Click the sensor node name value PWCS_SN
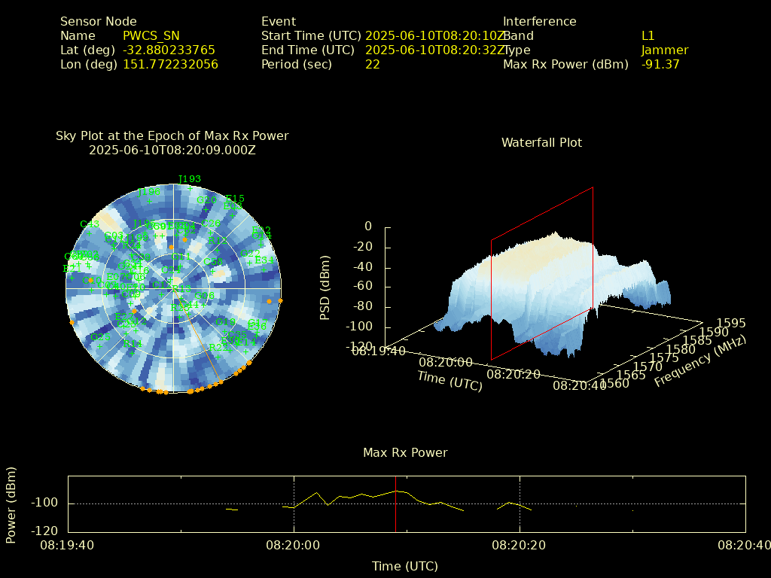pos(151,35)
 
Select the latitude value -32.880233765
pos(169,50)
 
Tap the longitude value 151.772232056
pos(170,64)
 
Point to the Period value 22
pos(372,64)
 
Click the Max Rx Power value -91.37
pos(660,64)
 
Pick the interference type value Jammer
pos(665,50)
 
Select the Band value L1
pos(648,35)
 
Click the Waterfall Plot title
pos(541,142)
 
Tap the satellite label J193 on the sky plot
pos(190,179)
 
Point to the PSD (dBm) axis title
pos(325,286)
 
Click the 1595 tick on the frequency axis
pos(731,323)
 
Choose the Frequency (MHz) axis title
pos(699,362)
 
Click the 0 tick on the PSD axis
pos(367,227)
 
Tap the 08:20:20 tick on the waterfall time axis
pos(513,374)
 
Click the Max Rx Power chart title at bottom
pos(405,452)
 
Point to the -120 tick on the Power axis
pos(47,531)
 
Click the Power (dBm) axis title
pos(11,504)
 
